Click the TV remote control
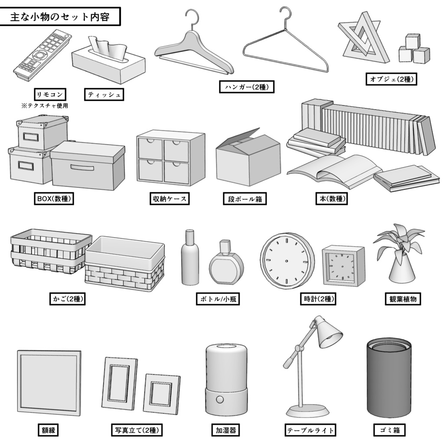tap(41, 56)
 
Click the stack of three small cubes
tap(414, 49)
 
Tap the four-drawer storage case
tap(170, 158)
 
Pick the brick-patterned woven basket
tap(125, 264)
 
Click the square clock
tap(343, 266)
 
